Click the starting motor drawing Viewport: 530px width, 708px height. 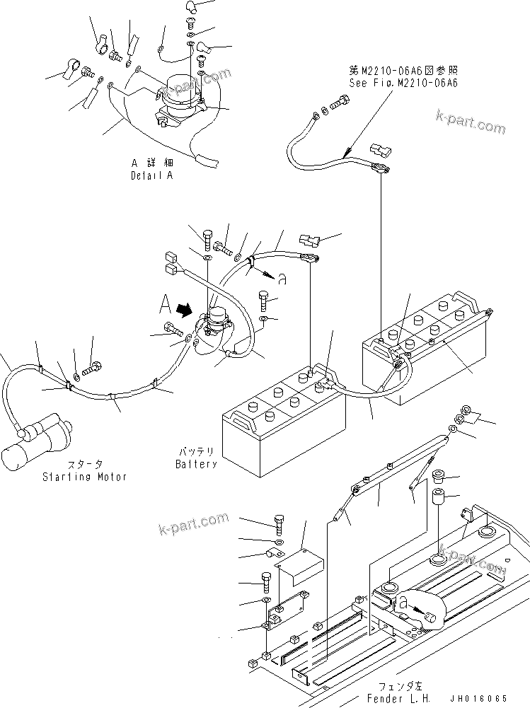[x=35, y=443]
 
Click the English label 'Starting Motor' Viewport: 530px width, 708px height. [x=84, y=477]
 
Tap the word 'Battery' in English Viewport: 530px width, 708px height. [x=196, y=465]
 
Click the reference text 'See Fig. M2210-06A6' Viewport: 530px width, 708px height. [x=403, y=83]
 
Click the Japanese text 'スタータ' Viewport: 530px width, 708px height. [x=86, y=465]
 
